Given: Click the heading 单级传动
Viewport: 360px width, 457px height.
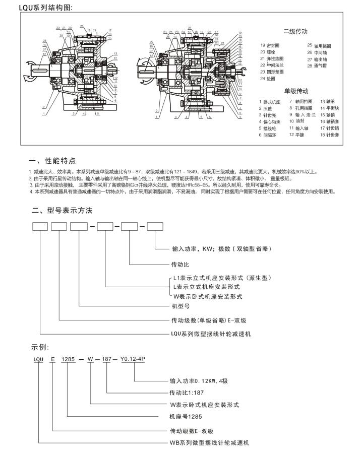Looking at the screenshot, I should pyautogui.click(x=296, y=91).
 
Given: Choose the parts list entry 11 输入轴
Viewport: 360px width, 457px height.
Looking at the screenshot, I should pyautogui.click(x=298, y=128).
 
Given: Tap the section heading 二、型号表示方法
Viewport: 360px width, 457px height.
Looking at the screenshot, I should pyautogui.click(x=62, y=210).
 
